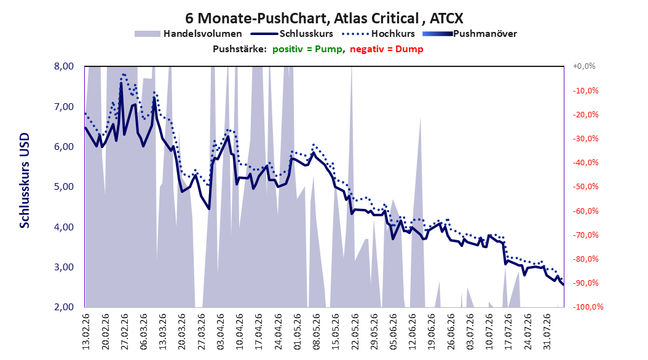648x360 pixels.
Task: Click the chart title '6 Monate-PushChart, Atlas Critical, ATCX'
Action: point(324,18)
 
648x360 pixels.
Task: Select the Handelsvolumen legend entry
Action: point(188,34)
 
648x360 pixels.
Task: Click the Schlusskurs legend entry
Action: point(292,34)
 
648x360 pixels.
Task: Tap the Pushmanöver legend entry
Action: point(470,34)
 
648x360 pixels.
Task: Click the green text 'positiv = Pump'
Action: point(307,49)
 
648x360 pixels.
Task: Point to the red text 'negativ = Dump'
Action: point(387,49)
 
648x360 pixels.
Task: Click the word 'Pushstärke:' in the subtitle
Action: point(240,49)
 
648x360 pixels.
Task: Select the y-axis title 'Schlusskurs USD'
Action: point(25,181)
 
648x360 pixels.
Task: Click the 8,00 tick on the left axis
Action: point(64,66)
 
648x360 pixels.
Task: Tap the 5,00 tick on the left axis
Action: point(64,187)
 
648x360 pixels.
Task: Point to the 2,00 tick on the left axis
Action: point(64,307)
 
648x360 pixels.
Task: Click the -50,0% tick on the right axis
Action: point(585,187)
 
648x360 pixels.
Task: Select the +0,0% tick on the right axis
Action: point(584,66)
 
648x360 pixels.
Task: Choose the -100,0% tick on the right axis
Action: point(588,307)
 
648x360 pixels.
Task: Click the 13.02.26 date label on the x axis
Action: point(86,332)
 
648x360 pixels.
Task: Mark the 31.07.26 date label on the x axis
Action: point(547,332)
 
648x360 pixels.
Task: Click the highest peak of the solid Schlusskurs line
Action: point(121,83)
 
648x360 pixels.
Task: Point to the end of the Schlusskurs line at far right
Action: point(563,284)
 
